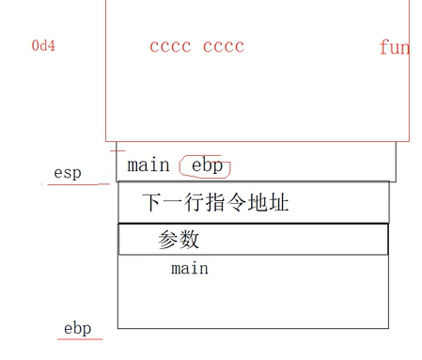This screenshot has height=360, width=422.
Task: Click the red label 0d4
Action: [43, 45]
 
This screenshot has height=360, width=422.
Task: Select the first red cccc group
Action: [169, 46]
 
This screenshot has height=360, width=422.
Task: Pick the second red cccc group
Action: [223, 46]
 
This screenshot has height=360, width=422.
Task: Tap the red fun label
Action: [394, 47]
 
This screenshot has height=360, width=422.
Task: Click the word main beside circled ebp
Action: [148, 165]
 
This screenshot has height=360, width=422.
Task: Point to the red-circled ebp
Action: [207, 165]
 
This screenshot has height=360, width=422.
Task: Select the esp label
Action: [68, 173]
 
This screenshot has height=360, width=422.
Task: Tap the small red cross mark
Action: [117, 149]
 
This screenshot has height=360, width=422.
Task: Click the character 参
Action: [168, 240]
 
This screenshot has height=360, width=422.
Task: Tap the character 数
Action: [189, 240]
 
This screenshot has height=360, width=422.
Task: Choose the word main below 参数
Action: [189, 269]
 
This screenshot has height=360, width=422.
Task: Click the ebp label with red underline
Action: [77, 328]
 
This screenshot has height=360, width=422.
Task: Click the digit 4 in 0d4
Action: [51, 45]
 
